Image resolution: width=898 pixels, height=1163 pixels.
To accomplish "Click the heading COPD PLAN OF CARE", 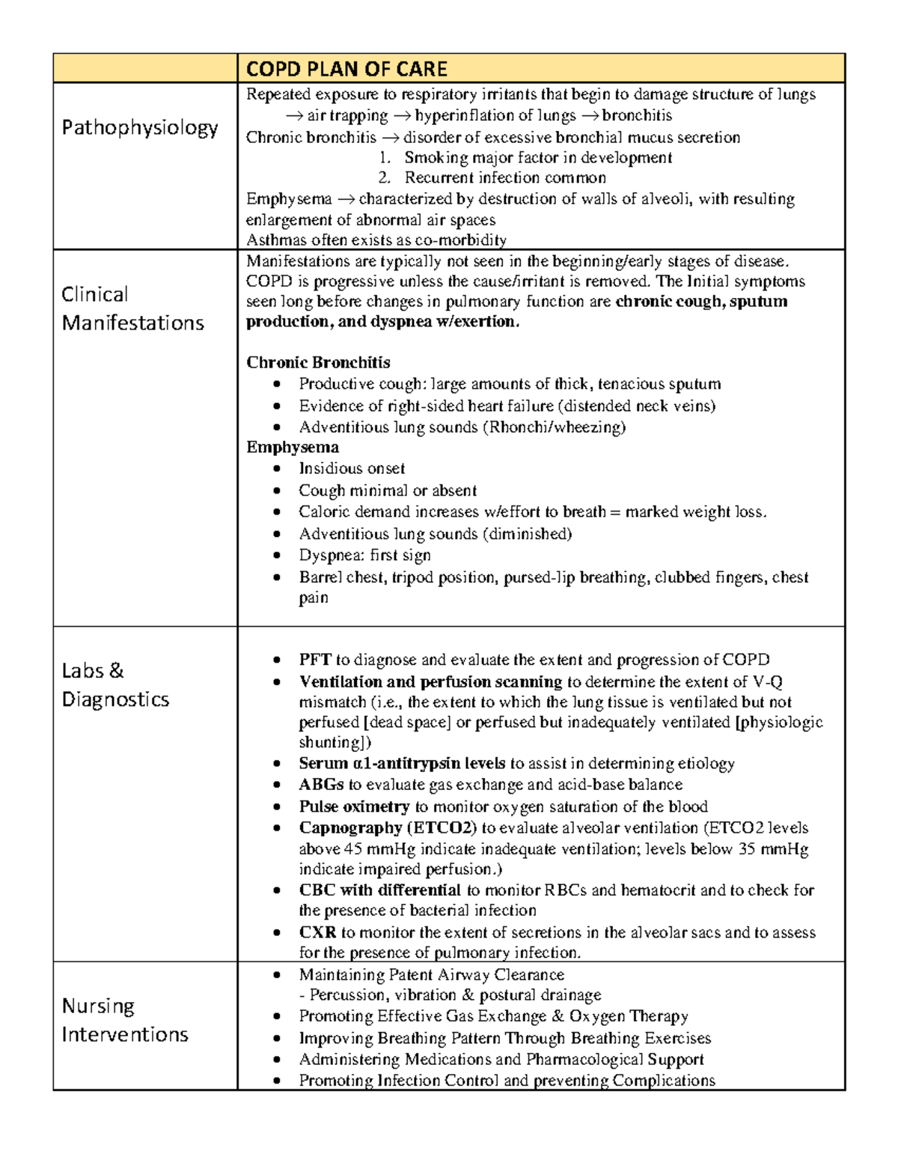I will coord(346,69).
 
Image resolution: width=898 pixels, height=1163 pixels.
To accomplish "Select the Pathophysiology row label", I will coord(139,127).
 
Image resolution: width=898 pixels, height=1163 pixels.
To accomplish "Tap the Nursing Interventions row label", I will coord(124,1020).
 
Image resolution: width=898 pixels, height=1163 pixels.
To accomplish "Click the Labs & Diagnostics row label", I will coord(115,684).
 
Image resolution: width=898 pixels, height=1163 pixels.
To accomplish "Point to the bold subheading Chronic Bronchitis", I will coord(318,362).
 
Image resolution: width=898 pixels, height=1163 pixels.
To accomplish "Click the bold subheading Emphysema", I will coord(293,447).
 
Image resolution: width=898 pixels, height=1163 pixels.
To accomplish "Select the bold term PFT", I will coord(315,660).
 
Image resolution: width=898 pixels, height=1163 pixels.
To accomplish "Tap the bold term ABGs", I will coord(321,784).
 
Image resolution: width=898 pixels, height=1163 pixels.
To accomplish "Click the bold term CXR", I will coord(317,932).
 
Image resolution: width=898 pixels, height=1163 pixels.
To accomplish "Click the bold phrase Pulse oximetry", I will coord(354,807).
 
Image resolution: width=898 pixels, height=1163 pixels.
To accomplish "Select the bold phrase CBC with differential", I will coord(379,890).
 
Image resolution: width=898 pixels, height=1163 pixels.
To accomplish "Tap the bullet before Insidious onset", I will coord(278,469).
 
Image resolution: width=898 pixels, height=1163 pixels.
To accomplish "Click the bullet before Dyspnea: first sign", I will coord(278,556).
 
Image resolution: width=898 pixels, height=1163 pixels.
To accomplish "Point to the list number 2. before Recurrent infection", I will coord(385,177).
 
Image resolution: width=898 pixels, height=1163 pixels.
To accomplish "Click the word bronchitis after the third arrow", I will coord(637,115).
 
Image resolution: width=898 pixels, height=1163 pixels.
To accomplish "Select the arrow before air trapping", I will coord(294,115).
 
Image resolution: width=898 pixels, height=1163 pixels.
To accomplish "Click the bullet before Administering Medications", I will coord(278,1060).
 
